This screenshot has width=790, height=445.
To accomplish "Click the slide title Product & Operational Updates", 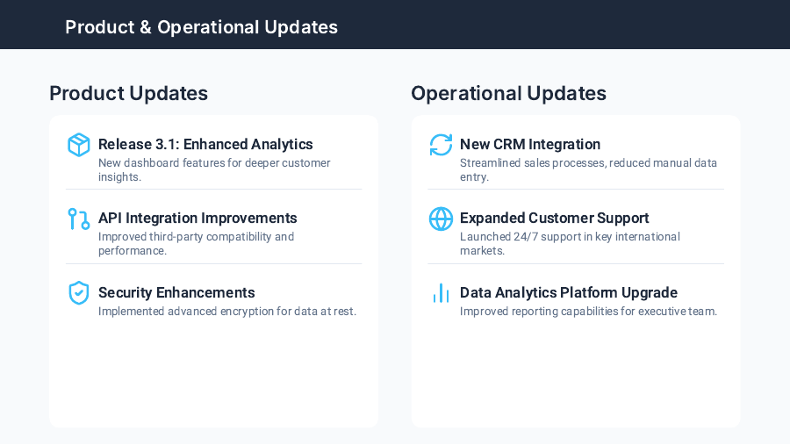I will (201, 27).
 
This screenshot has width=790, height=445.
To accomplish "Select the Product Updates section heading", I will (128, 93).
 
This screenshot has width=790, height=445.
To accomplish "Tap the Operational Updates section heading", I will (508, 93).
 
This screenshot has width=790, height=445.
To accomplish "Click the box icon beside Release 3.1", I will (79, 145).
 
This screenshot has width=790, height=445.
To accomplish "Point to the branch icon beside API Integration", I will (79, 219).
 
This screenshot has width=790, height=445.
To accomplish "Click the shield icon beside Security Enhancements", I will (79, 293).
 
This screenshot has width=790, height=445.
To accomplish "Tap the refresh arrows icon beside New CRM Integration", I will (441, 145).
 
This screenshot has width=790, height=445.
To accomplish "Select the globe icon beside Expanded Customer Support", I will (441, 219).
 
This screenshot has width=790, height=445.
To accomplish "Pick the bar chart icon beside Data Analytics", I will (441, 293).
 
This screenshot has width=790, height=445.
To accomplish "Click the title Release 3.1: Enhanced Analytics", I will (205, 144).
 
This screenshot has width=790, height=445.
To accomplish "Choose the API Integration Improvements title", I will (197, 218).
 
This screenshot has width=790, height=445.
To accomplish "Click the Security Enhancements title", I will (176, 292).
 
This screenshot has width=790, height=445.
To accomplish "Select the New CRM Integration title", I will (530, 144).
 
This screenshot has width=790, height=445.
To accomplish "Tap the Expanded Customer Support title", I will (555, 218).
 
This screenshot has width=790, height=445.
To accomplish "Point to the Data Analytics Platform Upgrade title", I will (569, 292).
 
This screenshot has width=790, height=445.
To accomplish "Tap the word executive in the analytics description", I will (664, 312).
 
